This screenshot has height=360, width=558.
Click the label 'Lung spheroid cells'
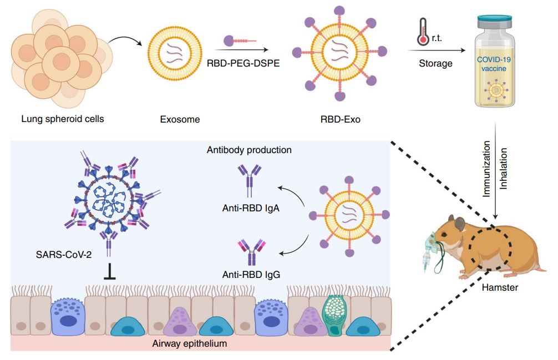click(x=62, y=119)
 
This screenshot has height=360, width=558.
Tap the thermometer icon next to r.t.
click(x=423, y=32)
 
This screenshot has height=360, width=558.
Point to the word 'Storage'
click(x=435, y=63)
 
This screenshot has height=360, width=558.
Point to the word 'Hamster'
click(x=500, y=287)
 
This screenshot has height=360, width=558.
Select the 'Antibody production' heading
click(x=249, y=150)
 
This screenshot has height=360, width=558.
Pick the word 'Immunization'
click(x=486, y=170)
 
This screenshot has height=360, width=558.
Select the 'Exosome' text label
click(x=179, y=119)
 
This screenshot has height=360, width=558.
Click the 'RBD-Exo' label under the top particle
click(x=340, y=119)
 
